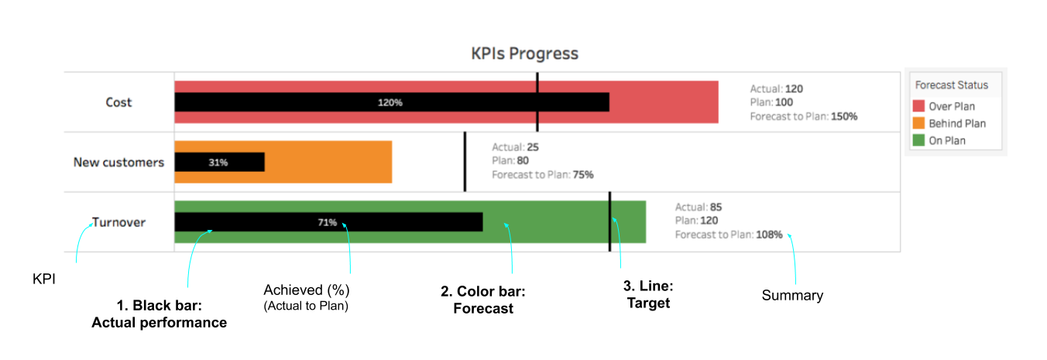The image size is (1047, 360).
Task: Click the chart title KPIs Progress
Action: point(524,53)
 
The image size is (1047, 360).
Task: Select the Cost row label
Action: point(118,102)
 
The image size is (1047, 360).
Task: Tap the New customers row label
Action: point(118,163)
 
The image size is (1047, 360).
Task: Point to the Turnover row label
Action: point(118,222)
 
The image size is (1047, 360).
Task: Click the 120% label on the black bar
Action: point(390,102)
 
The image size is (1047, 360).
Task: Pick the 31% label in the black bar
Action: point(218,163)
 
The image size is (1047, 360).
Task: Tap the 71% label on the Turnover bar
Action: point(327,222)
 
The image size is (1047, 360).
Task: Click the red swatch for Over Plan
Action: point(918,105)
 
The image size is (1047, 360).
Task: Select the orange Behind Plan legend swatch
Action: point(918,123)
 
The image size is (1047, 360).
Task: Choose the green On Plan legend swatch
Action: point(918,140)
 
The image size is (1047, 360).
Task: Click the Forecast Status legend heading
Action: point(951,85)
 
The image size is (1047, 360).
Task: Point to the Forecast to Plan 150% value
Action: point(843,116)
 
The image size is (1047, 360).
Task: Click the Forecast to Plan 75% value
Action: point(583,175)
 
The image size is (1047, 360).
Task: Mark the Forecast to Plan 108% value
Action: point(769,235)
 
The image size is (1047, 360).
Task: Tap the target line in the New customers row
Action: point(465,162)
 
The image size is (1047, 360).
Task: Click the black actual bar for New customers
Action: point(220,162)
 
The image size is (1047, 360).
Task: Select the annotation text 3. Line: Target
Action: point(648,294)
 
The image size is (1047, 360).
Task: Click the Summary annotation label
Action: point(792,296)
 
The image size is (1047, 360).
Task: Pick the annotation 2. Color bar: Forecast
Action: point(482,300)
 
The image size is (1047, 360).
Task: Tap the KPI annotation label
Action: point(44,279)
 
